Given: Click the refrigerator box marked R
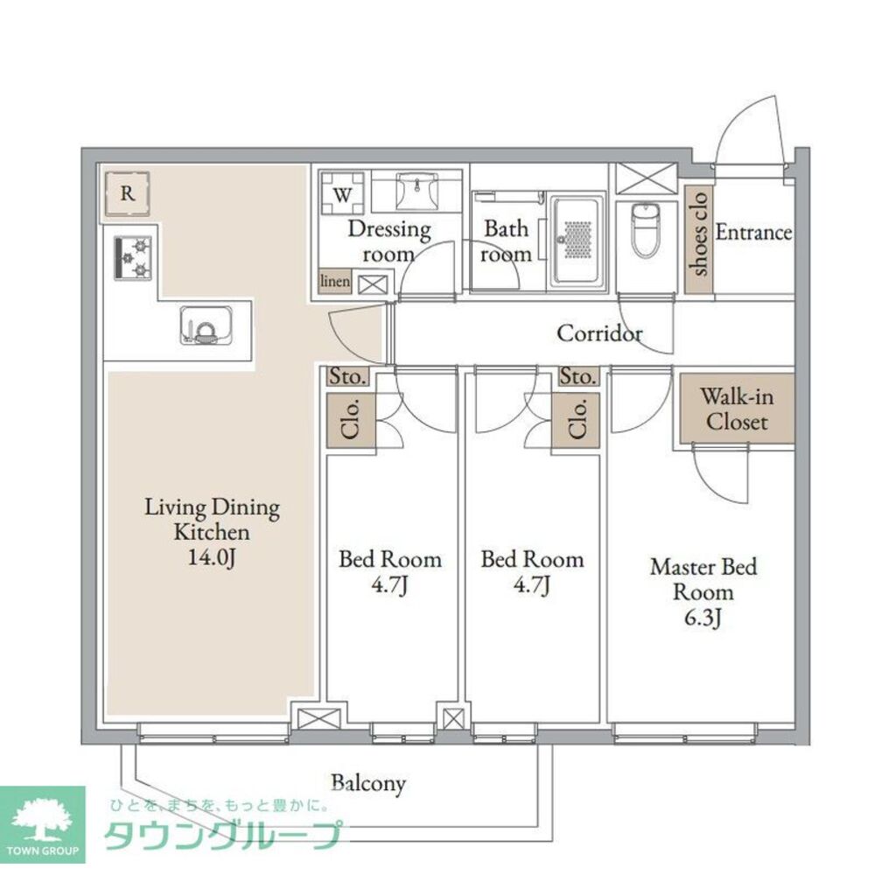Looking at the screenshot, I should (128, 194).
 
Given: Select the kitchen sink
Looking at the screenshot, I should (205, 325).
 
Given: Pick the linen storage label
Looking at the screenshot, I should (335, 282).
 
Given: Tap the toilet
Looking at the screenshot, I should (646, 229).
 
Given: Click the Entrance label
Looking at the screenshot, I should (753, 233).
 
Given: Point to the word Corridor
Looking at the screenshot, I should (599, 333).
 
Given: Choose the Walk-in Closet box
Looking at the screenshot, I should (737, 409).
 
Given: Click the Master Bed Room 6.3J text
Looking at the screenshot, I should (703, 592).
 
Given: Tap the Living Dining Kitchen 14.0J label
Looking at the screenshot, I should (211, 531).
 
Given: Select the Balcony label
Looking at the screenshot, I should (367, 782).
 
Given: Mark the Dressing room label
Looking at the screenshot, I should (389, 241).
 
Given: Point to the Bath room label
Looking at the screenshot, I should (507, 241).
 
